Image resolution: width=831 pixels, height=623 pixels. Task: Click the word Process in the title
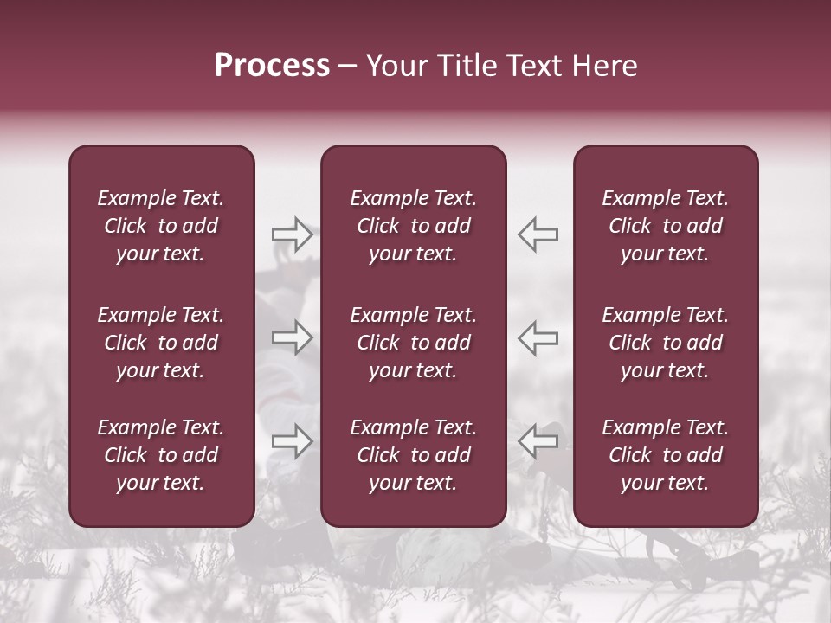pos(272,66)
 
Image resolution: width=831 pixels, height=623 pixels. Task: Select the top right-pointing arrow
pos(292,234)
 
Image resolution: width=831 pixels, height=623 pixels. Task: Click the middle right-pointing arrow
pos(292,337)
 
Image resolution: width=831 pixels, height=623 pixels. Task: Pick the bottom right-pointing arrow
pos(292,441)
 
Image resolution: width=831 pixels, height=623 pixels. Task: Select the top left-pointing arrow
pos(538,234)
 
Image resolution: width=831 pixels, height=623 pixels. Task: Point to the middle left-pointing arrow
pos(538,337)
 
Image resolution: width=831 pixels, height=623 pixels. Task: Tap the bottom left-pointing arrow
pos(538,441)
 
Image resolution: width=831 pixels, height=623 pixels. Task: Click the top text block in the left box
pos(161,226)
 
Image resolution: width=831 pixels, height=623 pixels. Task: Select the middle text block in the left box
pos(161,343)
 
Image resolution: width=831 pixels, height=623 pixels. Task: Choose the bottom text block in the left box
pos(161,455)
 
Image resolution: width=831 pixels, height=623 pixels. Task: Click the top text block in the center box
pos(413,226)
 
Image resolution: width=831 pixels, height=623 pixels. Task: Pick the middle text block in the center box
pos(413,343)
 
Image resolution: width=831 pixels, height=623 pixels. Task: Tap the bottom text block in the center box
pos(413,455)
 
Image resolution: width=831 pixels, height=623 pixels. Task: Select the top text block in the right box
pos(665,226)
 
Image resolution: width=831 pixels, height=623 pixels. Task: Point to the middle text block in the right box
pos(665,343)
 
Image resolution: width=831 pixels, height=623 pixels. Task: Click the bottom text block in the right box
pos(665,455)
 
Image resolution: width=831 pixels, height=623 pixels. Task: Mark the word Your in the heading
pos(396,66)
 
